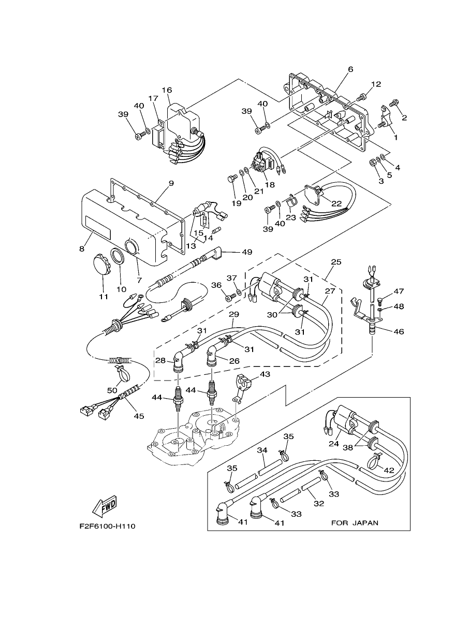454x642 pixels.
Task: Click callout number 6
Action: (350, 69)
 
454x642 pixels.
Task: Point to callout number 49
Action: (247, 252)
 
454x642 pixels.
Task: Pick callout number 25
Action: (336, 262)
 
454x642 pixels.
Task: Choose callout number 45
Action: (139, 416)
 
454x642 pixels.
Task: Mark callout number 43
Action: (265, 374)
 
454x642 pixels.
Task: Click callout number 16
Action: (167, 90)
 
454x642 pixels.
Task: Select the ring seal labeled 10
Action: (118, 255)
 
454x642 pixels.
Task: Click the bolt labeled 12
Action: (361, 97)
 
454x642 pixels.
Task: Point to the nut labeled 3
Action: (373, 163)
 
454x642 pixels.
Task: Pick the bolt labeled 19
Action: (232, 179)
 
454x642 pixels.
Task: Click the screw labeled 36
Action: (230, 298)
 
